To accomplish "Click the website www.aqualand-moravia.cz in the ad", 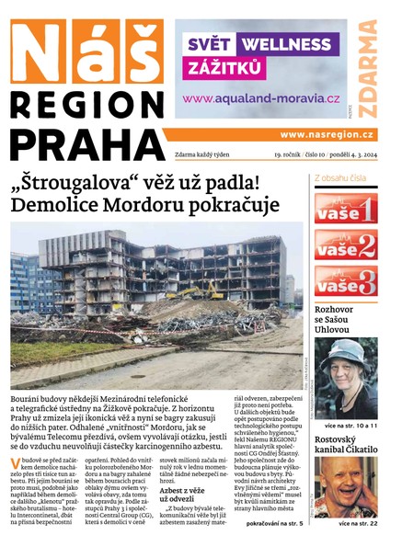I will tap(260, 97).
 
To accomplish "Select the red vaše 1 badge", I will tap(345, 209).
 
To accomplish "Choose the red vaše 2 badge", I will tap(345, 245).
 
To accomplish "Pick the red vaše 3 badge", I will tap(345, 280).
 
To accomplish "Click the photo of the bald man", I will tap(346, 487).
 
